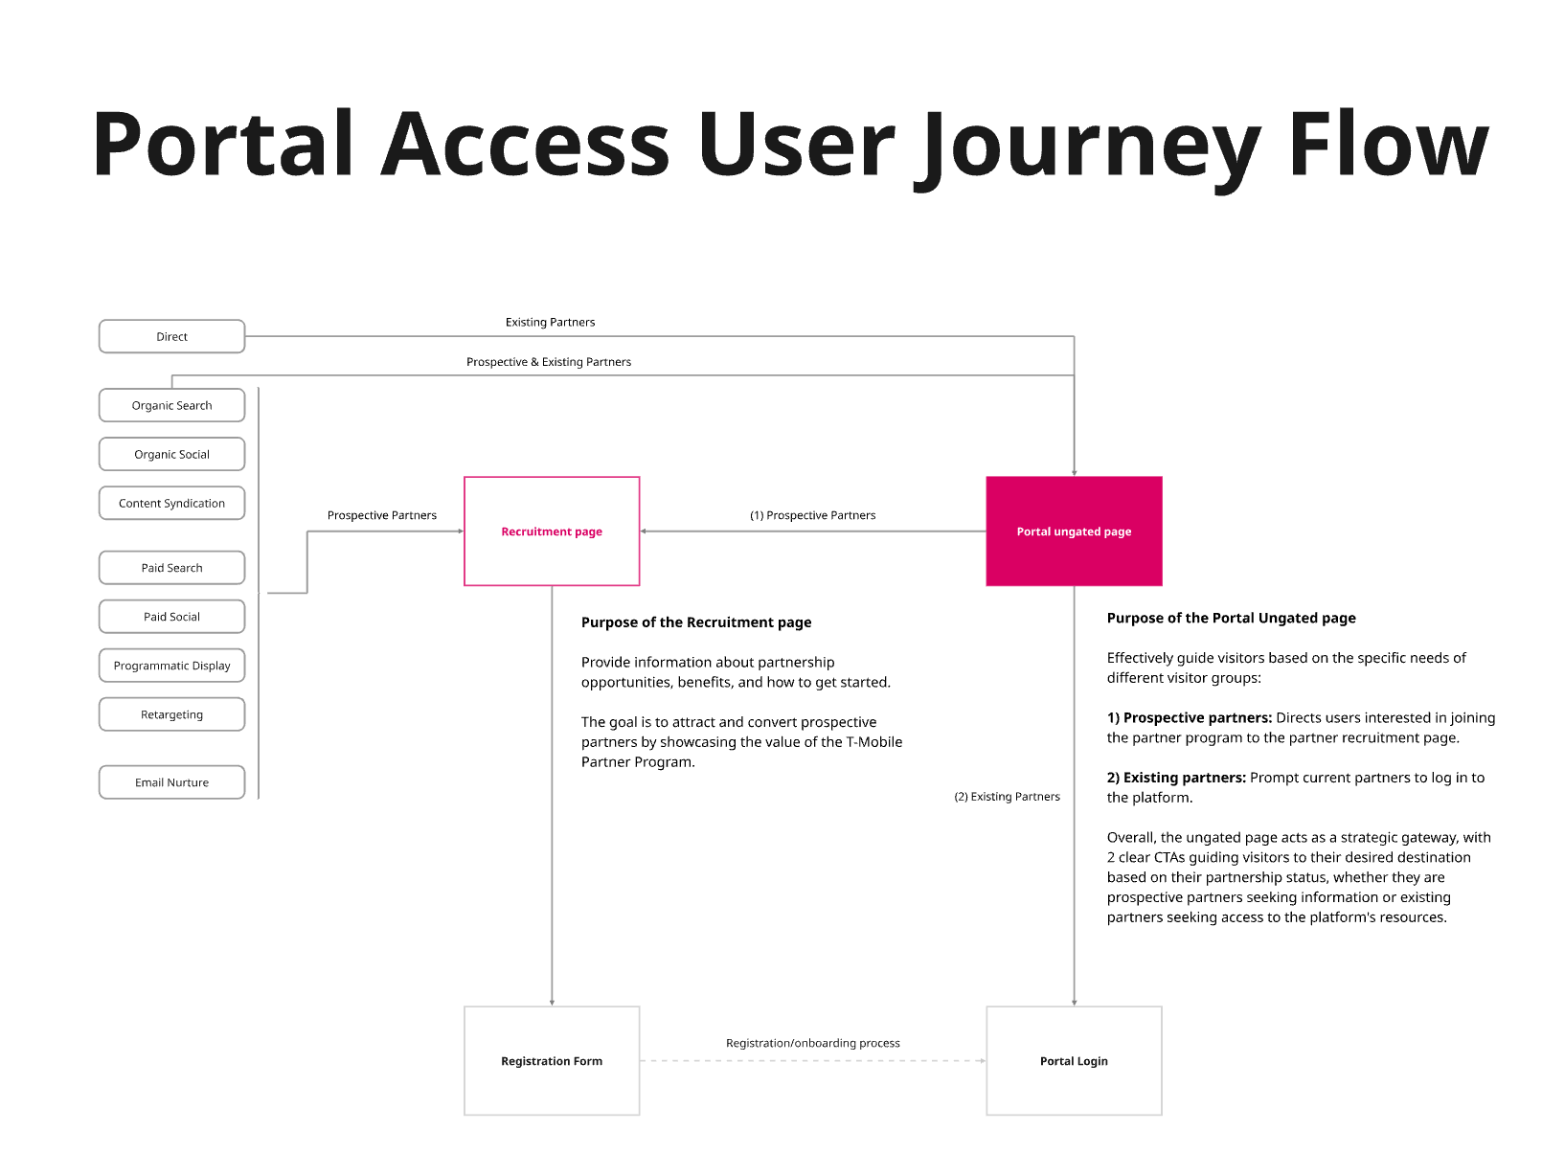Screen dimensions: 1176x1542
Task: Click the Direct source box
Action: click(x=172, y=337)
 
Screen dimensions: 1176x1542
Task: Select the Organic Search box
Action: click(x=172, y=406)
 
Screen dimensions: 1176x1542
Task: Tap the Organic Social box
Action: click(x=172, y=455)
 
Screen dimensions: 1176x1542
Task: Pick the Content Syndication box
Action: click(x=172, y=504)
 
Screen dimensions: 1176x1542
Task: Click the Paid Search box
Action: click(x=172, y=568)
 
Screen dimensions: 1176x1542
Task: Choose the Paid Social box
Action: click(x=172, y=617)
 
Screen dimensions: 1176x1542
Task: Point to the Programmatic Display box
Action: click(x=172, y=666)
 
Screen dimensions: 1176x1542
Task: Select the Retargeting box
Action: click(x=172, y=714)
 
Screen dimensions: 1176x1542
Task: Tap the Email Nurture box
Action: click(x=172, y=782)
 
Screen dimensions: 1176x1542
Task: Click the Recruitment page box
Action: click(x=552, y=531)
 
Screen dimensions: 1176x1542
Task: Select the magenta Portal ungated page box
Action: click(x=1074, y=531)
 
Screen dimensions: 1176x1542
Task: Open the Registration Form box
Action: click(x=552, y=1061)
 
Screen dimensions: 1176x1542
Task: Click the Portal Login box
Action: click(x=1074, y=1061)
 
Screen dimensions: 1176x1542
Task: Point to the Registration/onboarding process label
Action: click(x=813, y=1043)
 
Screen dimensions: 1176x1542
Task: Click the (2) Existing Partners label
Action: click(x=1007, y=797)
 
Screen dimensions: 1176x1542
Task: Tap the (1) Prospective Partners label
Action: click(x=812, y=515)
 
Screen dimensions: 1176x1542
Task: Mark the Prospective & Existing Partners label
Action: click(x=549, y=362)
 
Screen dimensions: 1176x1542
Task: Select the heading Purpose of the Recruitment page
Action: click(x=696, y=622)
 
